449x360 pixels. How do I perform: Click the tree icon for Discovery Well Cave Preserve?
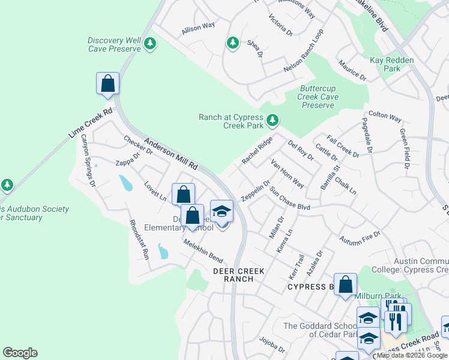(150, 43)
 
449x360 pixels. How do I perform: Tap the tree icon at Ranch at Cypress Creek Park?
(273, 121)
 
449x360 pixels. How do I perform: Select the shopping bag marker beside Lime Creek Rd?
(107, 83)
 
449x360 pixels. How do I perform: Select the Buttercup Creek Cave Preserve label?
(318, 97)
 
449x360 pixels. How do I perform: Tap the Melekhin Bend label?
(203, 251)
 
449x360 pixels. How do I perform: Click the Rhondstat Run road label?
(139, 239)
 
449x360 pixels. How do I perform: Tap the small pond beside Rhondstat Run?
(162, 251)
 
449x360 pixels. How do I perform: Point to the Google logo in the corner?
(20, 353)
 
